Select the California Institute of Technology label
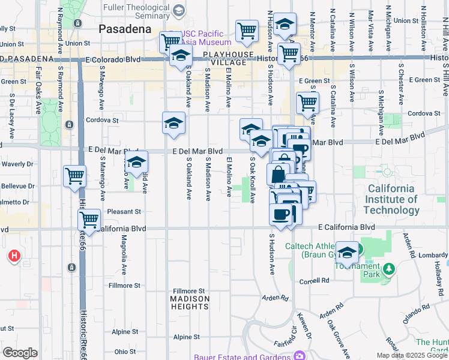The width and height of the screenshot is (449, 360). click(x=391, y=200)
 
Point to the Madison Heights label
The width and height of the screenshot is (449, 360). click(x=190, y=302)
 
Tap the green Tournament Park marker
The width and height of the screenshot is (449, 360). click(x=390, y=269)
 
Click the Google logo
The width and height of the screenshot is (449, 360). click(x=19, y=353)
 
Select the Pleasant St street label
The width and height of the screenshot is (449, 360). click(x=124, y=211)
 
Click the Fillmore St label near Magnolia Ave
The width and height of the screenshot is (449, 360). click(x=124, y=285)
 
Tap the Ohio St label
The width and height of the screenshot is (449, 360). click(x=125, y=351)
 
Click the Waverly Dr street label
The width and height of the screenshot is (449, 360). click(x=17, y=164)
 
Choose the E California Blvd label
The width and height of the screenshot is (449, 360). click(x=346, y=228)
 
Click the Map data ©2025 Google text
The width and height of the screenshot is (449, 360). click(x=412, y=355)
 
